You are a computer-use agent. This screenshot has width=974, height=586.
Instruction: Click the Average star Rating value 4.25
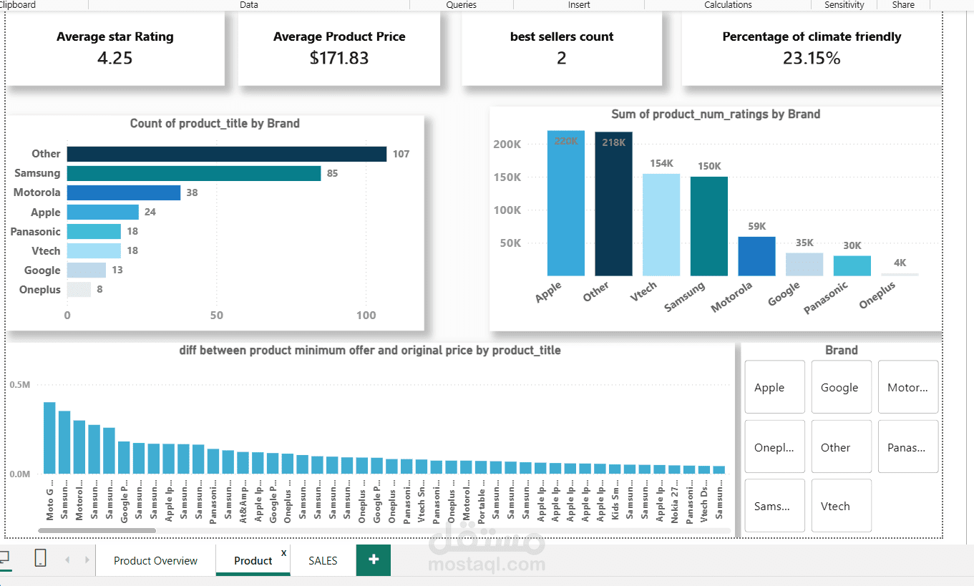point(115,58)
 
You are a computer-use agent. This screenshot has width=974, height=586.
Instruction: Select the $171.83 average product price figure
point(339,58)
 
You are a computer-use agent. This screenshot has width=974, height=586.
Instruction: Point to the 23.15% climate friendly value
point(812,58)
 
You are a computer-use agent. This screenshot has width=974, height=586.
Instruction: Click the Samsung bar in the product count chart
point(193,173)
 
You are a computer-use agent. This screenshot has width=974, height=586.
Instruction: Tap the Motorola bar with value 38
point(123,192)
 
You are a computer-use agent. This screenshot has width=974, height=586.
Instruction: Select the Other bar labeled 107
point(226,154)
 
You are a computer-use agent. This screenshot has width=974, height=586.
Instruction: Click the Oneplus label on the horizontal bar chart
point(39,290)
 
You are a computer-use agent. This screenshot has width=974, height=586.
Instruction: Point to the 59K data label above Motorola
point(756,227)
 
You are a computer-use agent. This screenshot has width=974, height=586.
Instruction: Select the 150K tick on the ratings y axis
point(507,177)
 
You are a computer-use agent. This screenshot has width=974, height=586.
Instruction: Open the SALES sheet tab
point(323,561)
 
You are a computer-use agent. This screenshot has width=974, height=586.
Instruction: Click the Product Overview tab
point(155,561)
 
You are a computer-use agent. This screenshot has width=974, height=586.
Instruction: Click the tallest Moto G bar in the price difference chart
point(49,437)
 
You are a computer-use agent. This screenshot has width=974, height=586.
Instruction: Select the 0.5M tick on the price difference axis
point(20,385)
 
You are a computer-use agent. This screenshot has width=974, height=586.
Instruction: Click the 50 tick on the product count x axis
point(217,316)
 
